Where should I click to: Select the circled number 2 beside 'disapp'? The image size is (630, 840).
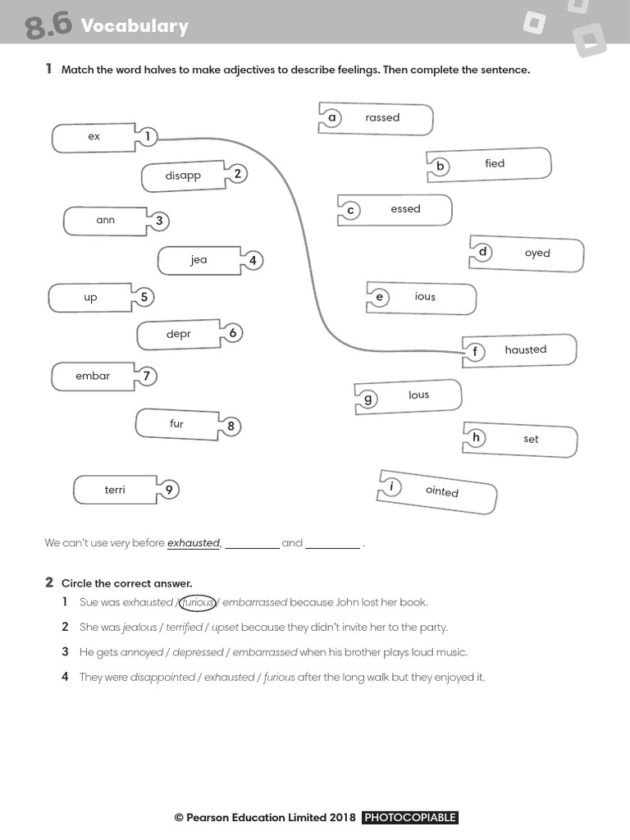(237, 173)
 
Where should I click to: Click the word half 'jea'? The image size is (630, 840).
(199, 260)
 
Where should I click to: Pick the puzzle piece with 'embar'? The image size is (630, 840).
(93, 376)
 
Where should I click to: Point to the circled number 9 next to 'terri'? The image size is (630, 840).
(168, 490)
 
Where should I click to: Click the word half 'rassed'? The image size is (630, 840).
(382, 118)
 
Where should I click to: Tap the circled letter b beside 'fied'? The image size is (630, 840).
(440, 167)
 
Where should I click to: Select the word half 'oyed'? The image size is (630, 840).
(537, 253)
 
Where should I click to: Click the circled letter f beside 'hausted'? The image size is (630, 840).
(474, 353)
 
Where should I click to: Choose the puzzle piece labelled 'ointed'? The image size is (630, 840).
(442, 491)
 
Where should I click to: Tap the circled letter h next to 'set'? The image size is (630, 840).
(476, 437)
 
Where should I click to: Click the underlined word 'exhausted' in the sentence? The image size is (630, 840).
(194, 543)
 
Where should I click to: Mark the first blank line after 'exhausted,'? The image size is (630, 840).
(252, 546)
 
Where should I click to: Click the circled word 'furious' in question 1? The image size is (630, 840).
(197, 602)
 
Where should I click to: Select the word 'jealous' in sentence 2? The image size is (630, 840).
(139, 628)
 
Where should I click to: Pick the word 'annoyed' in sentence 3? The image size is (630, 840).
(142, 653)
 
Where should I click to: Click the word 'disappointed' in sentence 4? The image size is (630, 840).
(162, 678)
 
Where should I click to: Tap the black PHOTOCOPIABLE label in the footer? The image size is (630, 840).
(409, 818)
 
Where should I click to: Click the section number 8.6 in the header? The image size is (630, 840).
(48, 26)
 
